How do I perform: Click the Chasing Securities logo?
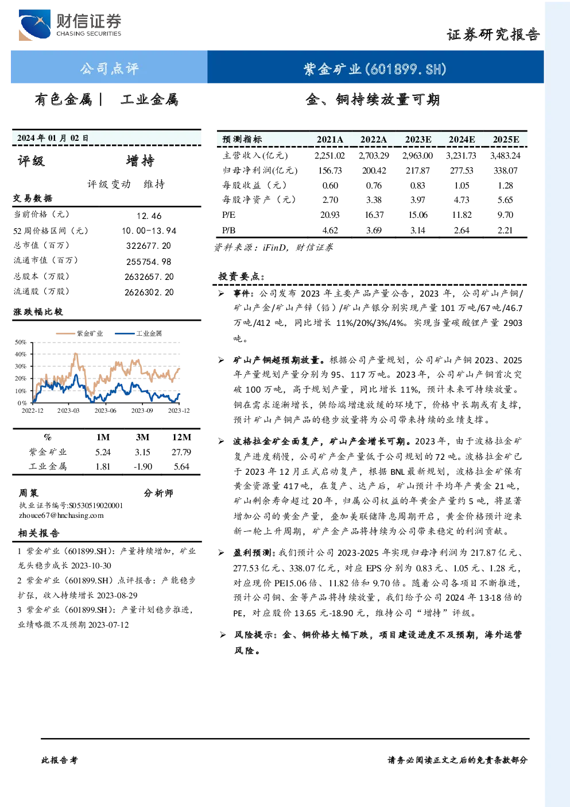coord(70,25)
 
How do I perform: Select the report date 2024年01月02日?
coord(53,138)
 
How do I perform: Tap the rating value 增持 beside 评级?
coord(140,161)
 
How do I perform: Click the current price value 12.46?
coord(149,216)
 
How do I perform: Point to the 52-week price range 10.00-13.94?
coord(149,230)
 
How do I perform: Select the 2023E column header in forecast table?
coord(418,140)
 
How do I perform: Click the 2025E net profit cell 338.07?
coord(505,170)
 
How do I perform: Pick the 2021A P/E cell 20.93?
coord(330,215)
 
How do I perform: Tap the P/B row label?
coord(229,230)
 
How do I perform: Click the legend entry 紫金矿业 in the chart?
coord(79,333)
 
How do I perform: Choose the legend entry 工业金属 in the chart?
coord(138,333)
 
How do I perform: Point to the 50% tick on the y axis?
coord(21,342)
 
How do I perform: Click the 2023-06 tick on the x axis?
coord(105,410)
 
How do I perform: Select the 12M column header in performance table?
coord(182,437)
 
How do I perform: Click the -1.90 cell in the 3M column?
coord(143,467)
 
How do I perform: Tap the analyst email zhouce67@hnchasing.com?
coord(61,515)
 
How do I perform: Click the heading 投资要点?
coord(242,276)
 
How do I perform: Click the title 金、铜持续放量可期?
coord(373,99)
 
